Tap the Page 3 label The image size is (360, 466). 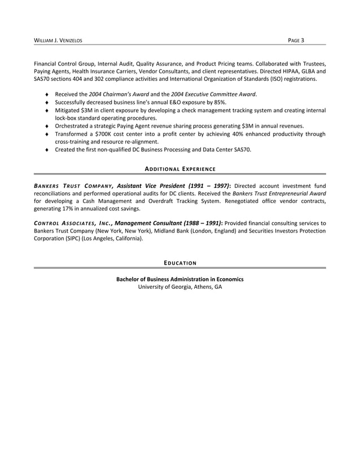coord(296,40)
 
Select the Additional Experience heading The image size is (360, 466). coord(180,169)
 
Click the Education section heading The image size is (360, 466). coord(180,263)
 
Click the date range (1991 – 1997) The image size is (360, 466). coord(207,186)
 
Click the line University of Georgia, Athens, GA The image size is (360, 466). coord(180,287)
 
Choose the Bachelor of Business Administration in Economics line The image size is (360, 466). coord(180,279)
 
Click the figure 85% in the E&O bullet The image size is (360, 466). coord(218,102)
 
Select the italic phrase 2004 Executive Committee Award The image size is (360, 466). coord(213,94)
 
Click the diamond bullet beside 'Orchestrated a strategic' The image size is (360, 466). coord(47,126)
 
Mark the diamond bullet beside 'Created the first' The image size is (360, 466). coord(47,151)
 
